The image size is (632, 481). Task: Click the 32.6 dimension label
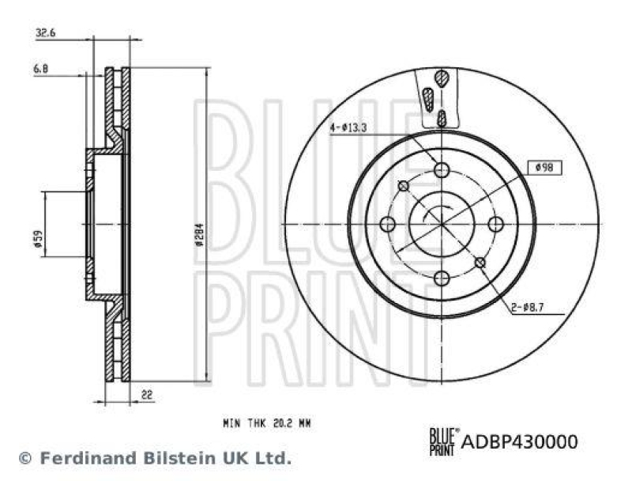click(x=45, y=32)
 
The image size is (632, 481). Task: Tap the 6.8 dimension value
click(x=41, y=69)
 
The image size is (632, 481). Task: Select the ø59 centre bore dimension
click(x=39, y=238)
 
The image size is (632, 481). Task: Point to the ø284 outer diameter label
click(x=199, y=234)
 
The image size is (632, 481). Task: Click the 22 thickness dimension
click(x=147, y=394)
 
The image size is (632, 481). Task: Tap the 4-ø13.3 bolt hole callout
click(x=348, y=127)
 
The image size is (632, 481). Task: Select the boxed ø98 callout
click(x=544, y=167)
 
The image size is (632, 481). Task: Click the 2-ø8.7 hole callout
click(x=527, y=308)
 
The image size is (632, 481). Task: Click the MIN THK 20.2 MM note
click(x=267, y=423)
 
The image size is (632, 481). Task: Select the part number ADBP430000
click(x=520, y=442)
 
